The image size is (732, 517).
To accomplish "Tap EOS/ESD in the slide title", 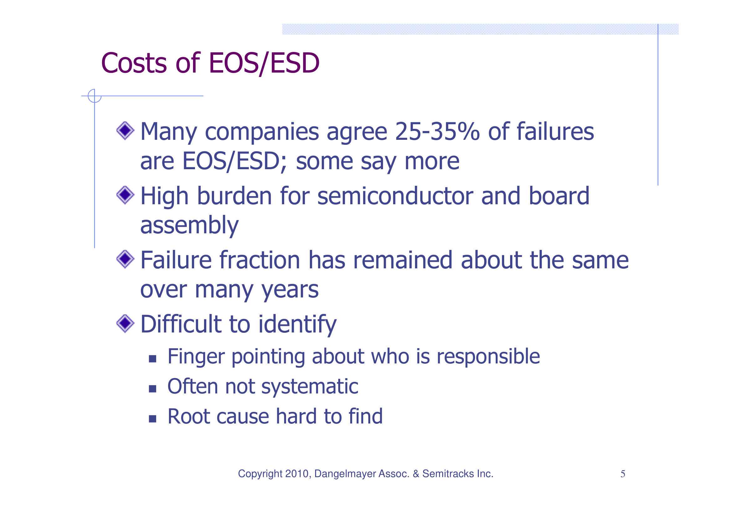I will pos(264,63).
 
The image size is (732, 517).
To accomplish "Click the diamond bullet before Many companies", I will pos(125,131).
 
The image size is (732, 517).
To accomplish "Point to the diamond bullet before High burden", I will pos(125,195).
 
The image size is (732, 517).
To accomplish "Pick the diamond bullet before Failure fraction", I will pos(125,259).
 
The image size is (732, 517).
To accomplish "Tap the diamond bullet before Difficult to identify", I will pos(125,323).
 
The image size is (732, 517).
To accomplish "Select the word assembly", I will pos(189,226).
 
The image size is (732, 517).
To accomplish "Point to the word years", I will pos(289,290).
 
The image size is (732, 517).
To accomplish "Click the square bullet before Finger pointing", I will pos(152,359).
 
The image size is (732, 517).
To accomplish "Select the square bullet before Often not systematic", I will pos(152,389).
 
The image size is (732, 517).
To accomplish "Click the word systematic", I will pos(310,386).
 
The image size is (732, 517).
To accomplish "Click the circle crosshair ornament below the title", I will pos(95,96).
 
